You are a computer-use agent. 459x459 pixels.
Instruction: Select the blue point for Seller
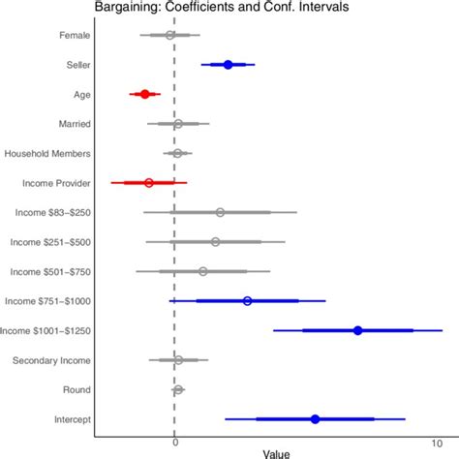[228, 65]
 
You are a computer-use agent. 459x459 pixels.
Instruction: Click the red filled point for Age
[145, 94]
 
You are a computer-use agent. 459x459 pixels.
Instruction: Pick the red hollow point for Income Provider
[148, 182]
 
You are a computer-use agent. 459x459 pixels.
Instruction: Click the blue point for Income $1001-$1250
[357, 330]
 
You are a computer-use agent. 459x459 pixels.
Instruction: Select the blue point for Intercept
[315, 418]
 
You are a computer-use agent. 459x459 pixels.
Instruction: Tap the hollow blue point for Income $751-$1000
[247, 301]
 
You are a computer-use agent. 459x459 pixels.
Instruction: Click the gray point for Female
[170, 35]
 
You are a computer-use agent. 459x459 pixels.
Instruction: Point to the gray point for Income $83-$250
[220, 212]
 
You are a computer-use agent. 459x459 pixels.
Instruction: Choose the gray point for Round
[178, 389]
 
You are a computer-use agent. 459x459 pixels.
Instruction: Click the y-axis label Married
[75, 124]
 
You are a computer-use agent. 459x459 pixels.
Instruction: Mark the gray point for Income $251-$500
[215, 242]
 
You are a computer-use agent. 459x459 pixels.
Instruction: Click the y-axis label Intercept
[74, 419]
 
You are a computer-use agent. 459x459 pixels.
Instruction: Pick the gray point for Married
[178, 124]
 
